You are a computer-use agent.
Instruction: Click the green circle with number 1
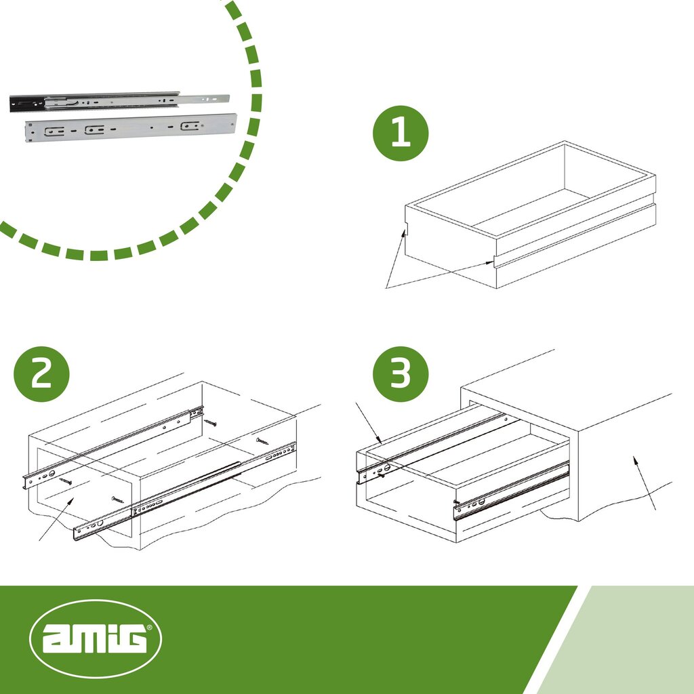[x=401, y=134]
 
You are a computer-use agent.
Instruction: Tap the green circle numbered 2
[x=41, y=374]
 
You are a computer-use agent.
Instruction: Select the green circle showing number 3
[x=401, y=374]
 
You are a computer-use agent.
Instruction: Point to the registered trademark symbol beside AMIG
[x=149, y=627]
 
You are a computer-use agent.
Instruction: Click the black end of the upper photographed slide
[x=26, y=104]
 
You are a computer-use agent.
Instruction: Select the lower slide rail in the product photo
[x=131, y=128]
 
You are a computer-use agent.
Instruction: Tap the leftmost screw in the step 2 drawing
[x=66, y=481]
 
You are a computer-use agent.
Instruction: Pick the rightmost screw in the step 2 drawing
[x=262, y=441]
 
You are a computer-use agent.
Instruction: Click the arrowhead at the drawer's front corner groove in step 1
[x=404, y=233]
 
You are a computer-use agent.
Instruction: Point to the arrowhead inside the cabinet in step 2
[x=70, y=501]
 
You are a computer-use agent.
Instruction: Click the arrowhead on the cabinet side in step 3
[x=636, y=460]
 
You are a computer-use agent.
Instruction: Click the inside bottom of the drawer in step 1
[x=531, y=211]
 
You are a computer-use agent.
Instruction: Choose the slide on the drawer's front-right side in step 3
[x=511, y=491]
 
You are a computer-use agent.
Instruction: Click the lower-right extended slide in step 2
[x=184, y=491]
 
